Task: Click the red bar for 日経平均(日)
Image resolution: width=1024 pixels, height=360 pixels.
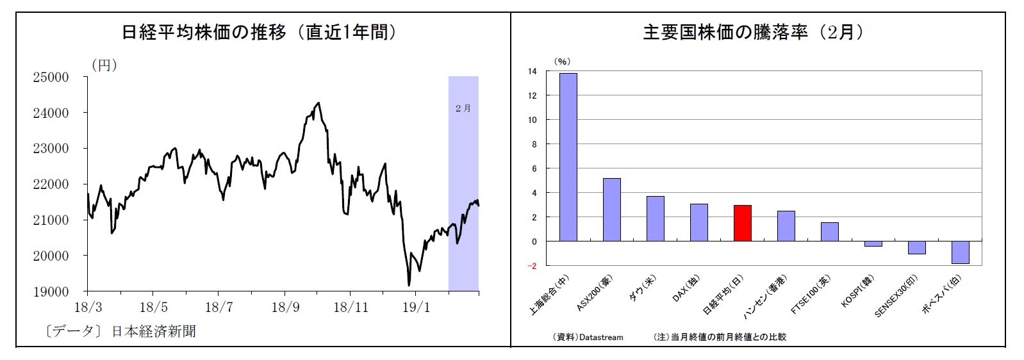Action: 742,223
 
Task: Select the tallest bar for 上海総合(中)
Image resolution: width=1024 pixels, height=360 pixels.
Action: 568,157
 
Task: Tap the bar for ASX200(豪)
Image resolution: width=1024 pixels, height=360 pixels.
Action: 611,209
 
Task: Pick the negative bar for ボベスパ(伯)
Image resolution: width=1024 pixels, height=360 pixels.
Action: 960,252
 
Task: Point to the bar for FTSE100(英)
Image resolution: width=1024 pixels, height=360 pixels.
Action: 829,232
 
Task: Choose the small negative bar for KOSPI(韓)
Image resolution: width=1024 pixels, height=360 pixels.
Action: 873,244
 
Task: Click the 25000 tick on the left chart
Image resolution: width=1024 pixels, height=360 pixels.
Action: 51,78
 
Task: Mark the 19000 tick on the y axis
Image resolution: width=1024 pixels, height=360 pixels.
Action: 51,291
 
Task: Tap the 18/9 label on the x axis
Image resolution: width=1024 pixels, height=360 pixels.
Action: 285,307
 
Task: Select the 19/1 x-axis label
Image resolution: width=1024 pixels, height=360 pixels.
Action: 416,307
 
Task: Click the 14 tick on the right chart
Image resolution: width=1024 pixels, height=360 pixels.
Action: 533,72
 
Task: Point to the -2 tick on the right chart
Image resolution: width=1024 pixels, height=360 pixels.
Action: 533,266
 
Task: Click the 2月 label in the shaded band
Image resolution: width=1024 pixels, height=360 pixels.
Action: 463,108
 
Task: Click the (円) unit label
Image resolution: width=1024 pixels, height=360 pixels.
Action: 104,65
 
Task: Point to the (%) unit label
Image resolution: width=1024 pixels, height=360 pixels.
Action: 561,61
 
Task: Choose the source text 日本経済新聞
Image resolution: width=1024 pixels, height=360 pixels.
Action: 154,331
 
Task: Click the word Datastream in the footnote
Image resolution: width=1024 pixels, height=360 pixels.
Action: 601,337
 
